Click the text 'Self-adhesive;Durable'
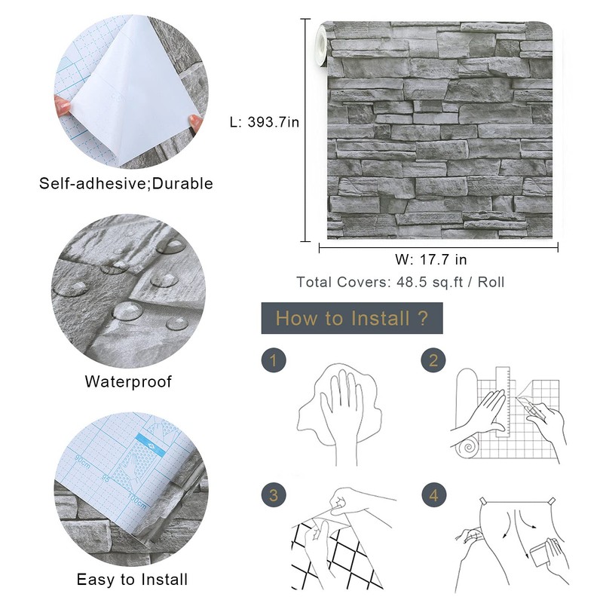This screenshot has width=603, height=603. (x=127, y=183)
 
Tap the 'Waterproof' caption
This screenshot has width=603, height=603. (x=127, y=381)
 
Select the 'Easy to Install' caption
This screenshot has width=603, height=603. (x=132, y=580)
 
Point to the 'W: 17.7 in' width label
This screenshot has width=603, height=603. (x=431, y=260)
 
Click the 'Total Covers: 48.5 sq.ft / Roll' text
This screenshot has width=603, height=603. (x=400, y=283)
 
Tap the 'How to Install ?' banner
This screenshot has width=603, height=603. (x=351, y=318)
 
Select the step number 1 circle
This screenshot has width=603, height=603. (x=274, y=360)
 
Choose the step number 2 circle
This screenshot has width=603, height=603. (x=433, y=360)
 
